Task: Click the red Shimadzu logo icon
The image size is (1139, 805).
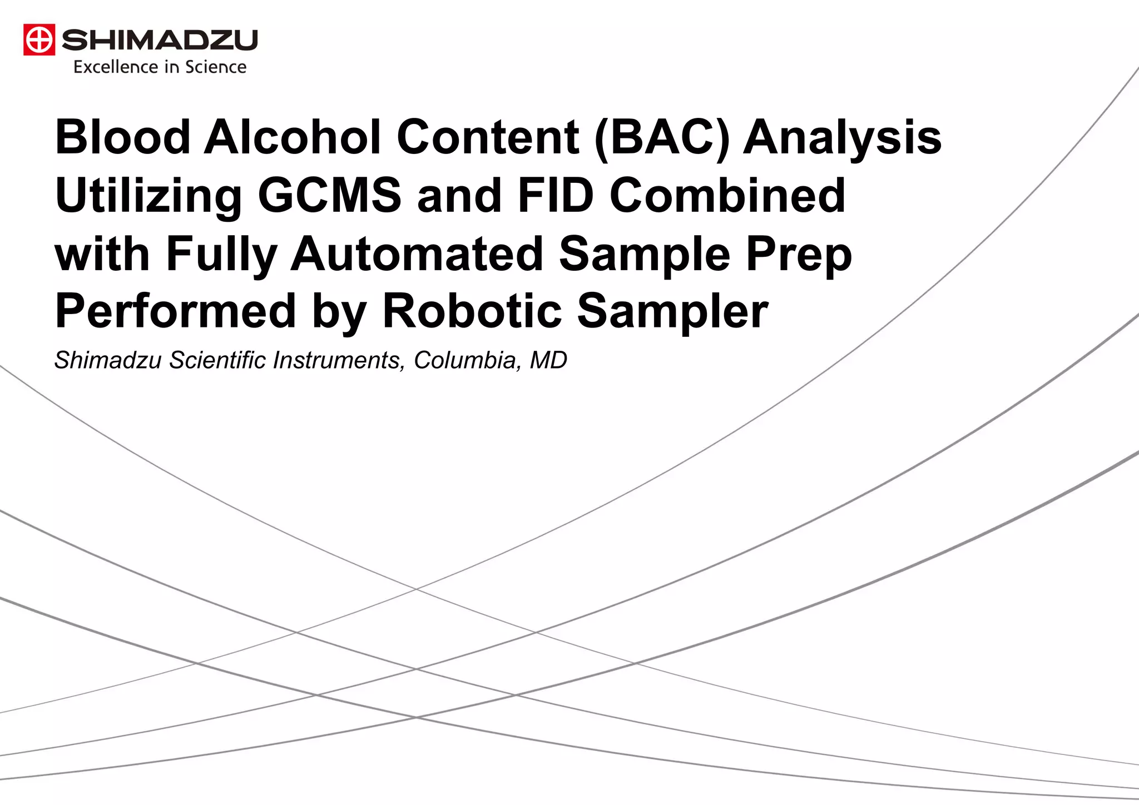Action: tap(39, 40)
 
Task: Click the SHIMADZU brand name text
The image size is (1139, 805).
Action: tap(160, 40)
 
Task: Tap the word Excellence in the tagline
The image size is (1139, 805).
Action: tap(116, 67)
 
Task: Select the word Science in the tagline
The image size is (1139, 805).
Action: tap(216, 67)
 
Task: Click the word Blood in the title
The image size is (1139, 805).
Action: tap(123, 137)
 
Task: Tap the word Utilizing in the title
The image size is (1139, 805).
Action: tap(148, 196)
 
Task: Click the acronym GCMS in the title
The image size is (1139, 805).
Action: tap(329, 196)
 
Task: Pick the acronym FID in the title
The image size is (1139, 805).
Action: tap(556, 196)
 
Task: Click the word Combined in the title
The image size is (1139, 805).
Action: tap(727, 196)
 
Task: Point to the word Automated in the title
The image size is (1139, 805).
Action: tap(417, 254)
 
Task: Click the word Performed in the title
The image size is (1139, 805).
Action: tap(176, 311)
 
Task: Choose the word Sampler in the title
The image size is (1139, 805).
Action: tap(673, 311)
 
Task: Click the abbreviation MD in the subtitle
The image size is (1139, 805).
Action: tap(548, 360)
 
